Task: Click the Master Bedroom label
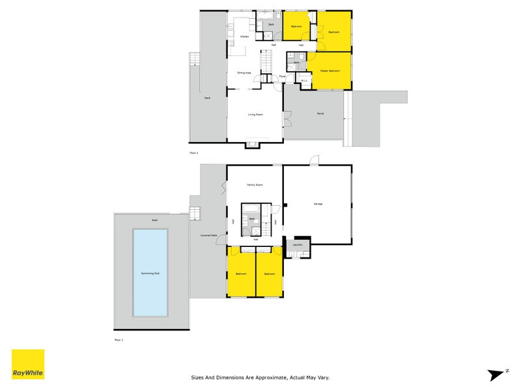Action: (330, 70)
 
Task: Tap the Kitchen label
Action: (244, 36)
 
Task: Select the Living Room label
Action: (255, 115)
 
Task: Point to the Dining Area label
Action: (244, 72)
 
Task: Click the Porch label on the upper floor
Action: (320, 114)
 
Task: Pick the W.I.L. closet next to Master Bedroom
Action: (303, 81)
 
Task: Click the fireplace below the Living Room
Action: (255, 145)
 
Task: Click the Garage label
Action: (318, 204)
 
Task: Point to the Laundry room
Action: (298, 245)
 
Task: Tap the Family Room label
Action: (254, 185)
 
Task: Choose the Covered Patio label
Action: (208, 235)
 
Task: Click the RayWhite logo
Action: (28, 365)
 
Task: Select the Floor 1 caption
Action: (119, 340)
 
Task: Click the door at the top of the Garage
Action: (314, 160)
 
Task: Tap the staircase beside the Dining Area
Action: (265, 63)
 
